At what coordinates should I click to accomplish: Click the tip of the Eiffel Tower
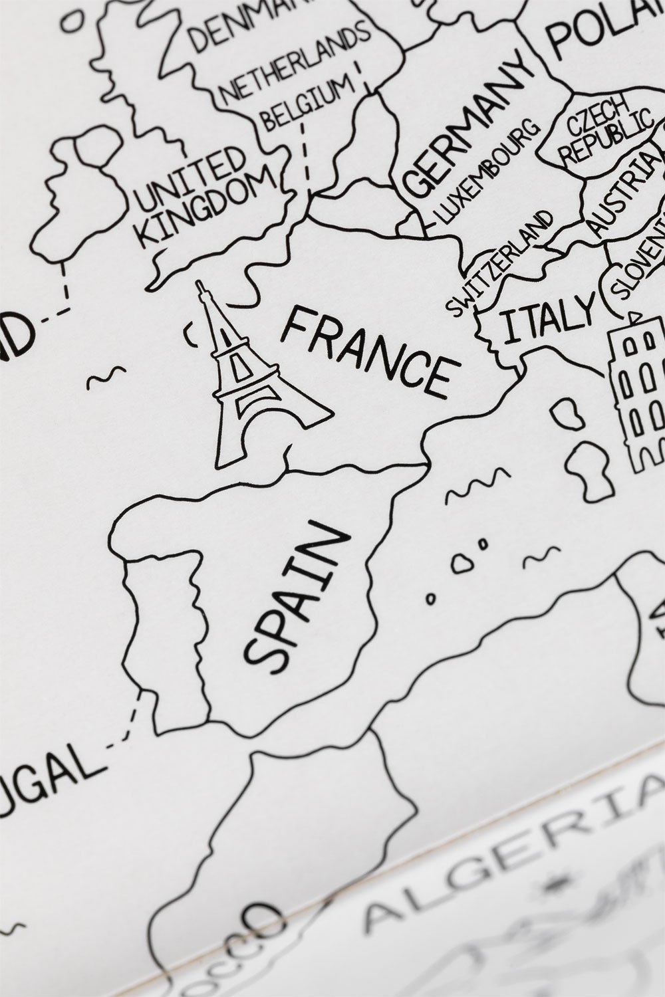tap(199, 284)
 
